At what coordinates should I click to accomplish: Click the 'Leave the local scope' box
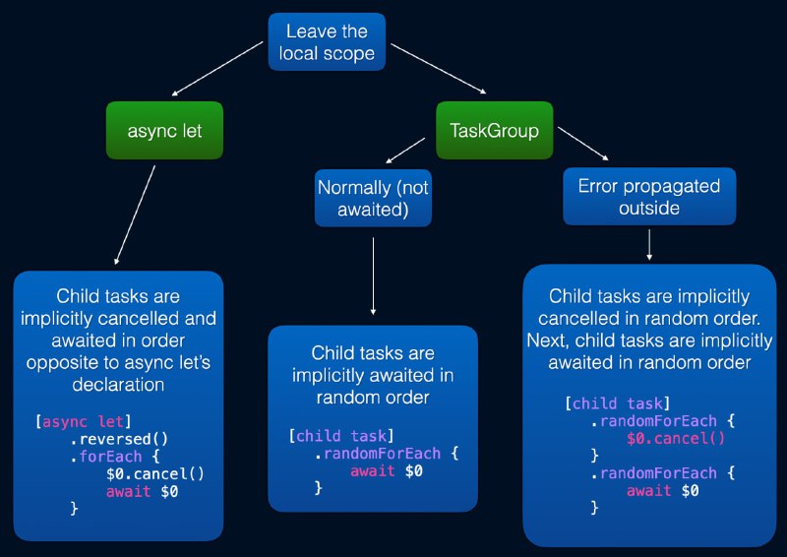(327, 41)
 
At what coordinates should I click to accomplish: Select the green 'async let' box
(164, 131)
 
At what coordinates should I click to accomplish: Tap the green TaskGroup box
(495, 131)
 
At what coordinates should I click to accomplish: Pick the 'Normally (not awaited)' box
(373, 198)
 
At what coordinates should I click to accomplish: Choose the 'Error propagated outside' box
(649, 197)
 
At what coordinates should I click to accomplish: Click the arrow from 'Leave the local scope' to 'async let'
(217, 69)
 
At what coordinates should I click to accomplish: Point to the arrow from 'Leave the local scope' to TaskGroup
(439, 69)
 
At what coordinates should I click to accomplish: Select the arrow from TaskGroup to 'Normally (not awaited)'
(405, 151)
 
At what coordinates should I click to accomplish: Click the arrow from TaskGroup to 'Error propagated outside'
(583, 144)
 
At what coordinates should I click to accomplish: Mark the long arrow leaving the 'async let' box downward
(135, 215)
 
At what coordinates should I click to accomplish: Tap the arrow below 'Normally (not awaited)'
(373, 277)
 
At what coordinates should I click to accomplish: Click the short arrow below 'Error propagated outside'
(649, 245)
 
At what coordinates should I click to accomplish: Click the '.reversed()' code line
(118, 439)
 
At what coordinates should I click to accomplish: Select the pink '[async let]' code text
(83, 421)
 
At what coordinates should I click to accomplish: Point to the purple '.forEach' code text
(106, 457)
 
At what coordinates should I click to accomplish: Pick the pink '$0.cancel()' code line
(676, 439)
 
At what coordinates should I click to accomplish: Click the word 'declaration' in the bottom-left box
(118, 385)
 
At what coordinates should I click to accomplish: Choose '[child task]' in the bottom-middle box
(341, 436)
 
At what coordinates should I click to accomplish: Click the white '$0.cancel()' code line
(155, 473)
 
